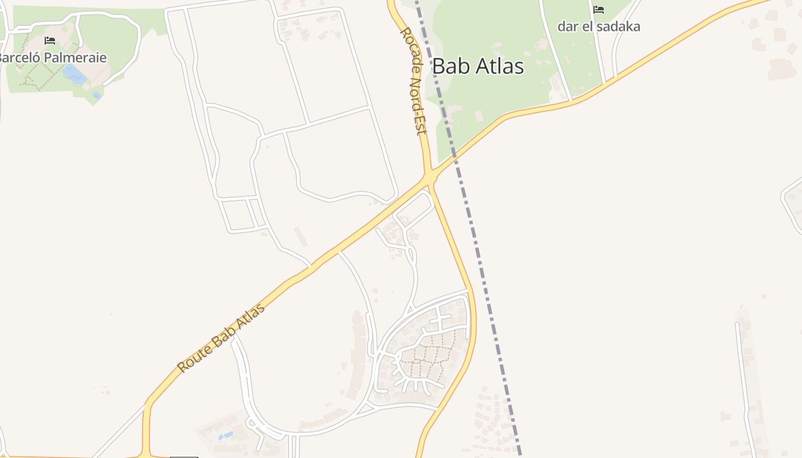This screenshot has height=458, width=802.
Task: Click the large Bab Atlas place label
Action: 478,66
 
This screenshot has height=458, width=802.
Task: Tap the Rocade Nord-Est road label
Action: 413,81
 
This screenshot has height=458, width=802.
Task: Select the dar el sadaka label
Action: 599,26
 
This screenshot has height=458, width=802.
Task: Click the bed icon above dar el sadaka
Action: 599,10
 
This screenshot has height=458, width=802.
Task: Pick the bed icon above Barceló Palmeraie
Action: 50,41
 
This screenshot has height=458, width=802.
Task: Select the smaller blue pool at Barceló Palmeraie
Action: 97,95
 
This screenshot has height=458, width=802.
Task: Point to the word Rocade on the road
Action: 408,49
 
